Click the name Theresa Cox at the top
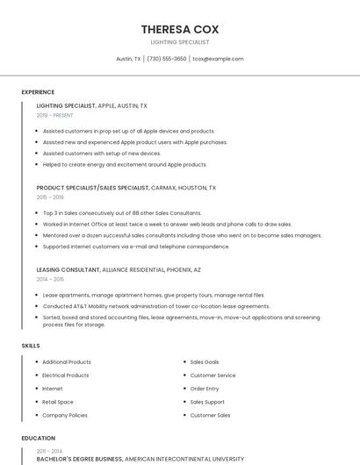click(x=179, y=29)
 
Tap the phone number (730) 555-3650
click(x=166, y=59)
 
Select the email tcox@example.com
click(x=218, y=59)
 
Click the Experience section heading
click(x=38, y=91)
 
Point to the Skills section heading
click(x=31, y=346)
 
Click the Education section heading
click(x=38, y=438)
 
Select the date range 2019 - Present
click(x=54, y=115)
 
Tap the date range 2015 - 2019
click(x=50, y=197)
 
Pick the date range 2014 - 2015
click(x=50, y=279)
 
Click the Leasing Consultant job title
click(x=68, y=270)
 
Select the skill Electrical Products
click(x=65, y=376)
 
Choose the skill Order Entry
click(x=205, y=389)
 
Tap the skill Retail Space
click(x=58, y=402)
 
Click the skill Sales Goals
click(x=205, y=362)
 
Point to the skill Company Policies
click(x=65, y=415)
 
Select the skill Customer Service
click(x=212, y=376)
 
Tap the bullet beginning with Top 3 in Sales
click(x=122, y=213)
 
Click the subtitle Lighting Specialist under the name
click(x=179, y=42)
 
